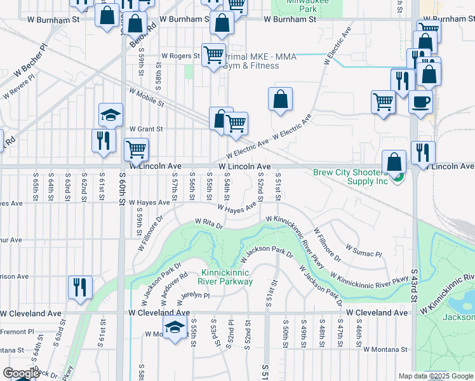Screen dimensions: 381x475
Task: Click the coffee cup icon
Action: tap(419, 102)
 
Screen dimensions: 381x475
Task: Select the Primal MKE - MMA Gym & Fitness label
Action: tap(251, 61)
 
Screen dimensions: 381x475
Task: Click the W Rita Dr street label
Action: tap(209, 224)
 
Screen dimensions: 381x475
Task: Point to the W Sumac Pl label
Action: tap(363, 249)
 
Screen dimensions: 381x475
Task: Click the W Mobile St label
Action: tap(147, 97)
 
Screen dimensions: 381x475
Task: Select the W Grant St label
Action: tap(146, 129)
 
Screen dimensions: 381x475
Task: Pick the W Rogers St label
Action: tap(180, 56)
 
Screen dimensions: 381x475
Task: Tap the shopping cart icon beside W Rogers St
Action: tap(213, 55)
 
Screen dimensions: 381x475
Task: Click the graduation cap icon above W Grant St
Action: tap(110, 115)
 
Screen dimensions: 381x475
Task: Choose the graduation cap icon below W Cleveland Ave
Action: tap(173, 328)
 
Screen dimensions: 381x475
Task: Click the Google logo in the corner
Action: tap(20, 373)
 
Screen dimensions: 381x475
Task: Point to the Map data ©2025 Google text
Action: tap(435, 376)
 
